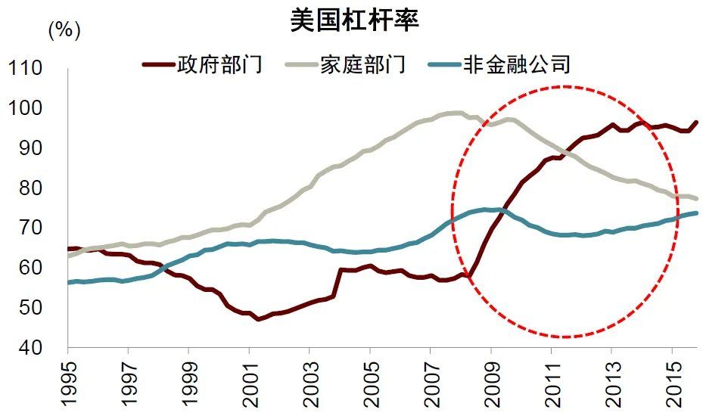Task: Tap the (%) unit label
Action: [x=64, y=31]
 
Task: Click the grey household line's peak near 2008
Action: [x=456, y=113]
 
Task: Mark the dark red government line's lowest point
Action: [x=259, y=319]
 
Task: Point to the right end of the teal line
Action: [x=696, y=213]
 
